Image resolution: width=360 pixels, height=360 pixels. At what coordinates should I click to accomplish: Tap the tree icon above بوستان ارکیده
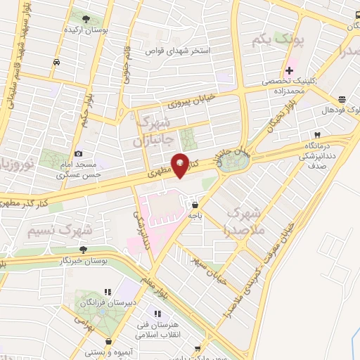86,19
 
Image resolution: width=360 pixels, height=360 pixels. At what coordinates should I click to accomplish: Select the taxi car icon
56,63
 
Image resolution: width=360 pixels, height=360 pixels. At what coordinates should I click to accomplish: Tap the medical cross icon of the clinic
289,70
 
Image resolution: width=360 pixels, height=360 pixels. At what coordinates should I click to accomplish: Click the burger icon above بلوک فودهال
342,99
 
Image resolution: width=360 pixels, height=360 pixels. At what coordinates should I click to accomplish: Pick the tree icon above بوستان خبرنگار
83,250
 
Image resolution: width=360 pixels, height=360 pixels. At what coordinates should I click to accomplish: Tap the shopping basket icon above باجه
194,205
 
